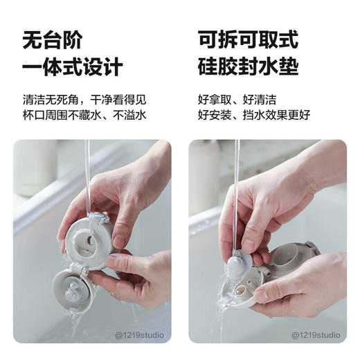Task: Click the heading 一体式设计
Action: [73, 67]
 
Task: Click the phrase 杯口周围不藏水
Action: [61, 114]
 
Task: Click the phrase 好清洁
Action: [262, 99]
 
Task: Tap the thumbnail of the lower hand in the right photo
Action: [261, 295]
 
